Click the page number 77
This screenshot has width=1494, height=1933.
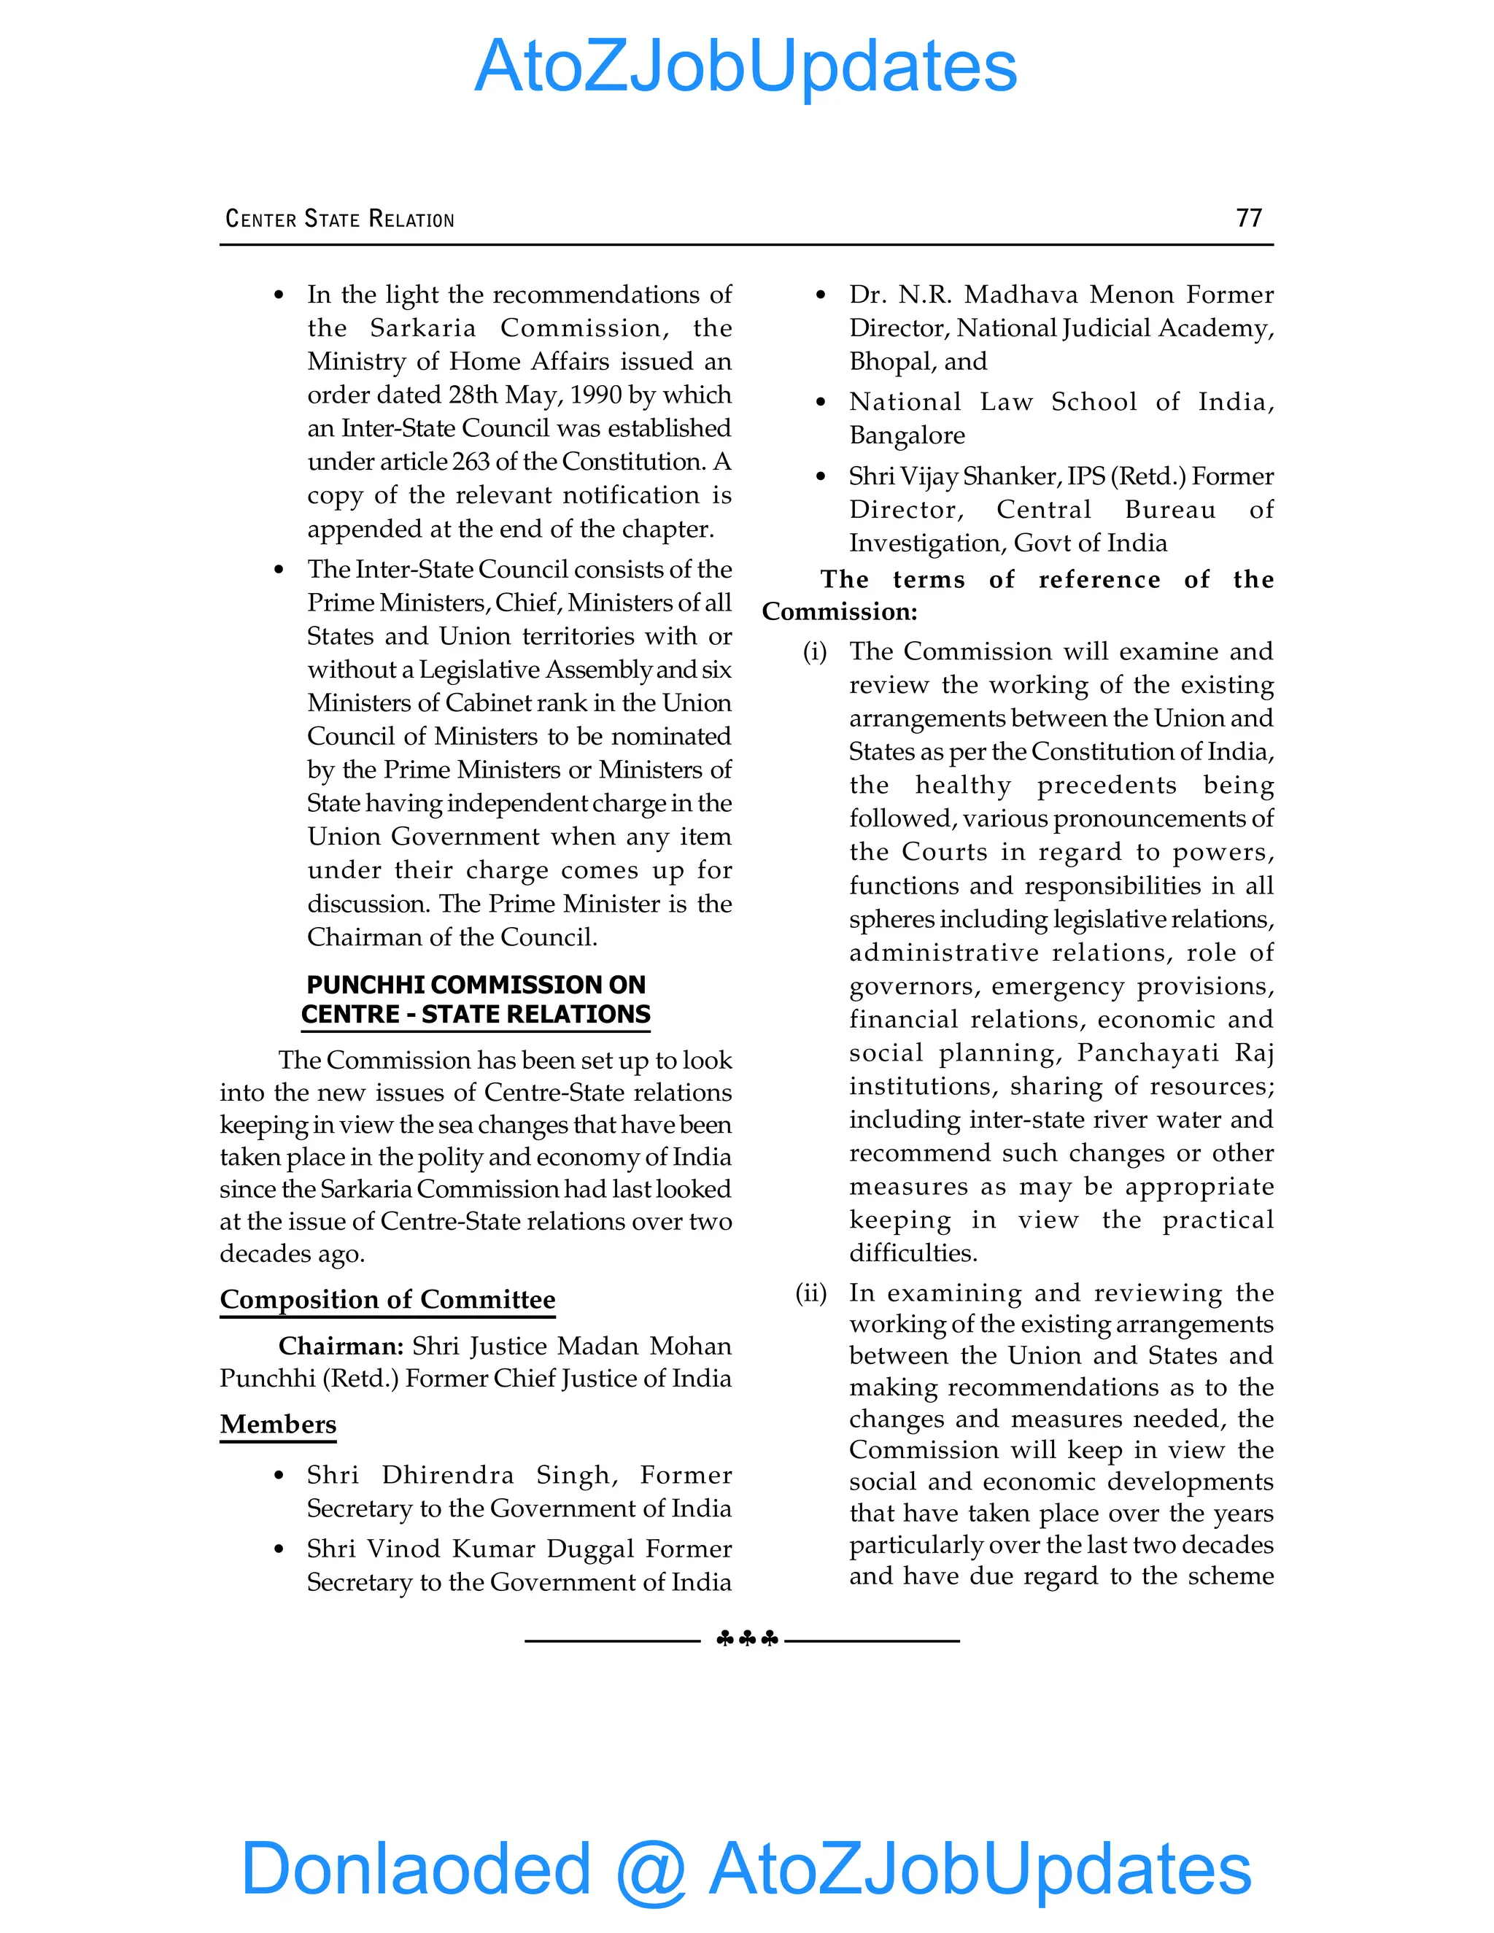[1249, 217]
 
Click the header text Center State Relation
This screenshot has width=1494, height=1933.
[340, 219]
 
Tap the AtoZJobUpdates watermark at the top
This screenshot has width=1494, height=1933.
[746, 66]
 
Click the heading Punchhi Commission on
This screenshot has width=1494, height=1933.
[476, 984]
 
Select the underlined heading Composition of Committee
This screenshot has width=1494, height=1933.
[387, 1299]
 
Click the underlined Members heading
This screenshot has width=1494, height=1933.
[278, 1424]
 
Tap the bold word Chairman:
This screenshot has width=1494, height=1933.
[341, 1347]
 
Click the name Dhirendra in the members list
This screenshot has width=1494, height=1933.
[448, 1476]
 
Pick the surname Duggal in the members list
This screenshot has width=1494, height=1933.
[590, 1549]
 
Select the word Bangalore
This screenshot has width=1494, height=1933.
[906, 435]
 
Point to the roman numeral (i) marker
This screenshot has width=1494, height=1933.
[814, 652]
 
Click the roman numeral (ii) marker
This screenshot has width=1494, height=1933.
[810, 1293]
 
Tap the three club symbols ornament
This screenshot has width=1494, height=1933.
[746, 1639]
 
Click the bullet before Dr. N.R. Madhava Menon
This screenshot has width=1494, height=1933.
[821, 295]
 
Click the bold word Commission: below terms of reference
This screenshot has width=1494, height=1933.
[839, 611]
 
